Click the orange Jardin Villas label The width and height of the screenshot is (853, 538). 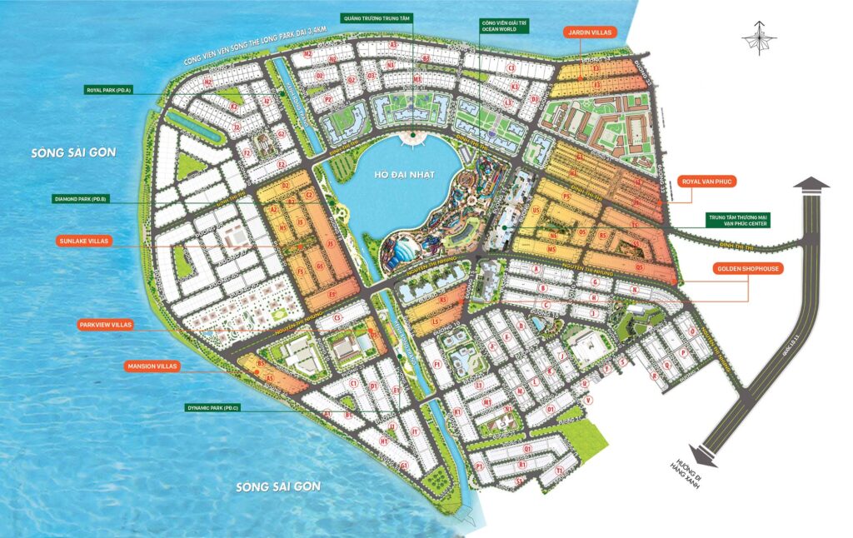click(589, 32)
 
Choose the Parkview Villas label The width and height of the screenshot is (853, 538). click(106, 325)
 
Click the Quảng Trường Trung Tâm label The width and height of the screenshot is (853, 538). click(377, 17)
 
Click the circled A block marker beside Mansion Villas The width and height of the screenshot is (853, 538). click(271, 377)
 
